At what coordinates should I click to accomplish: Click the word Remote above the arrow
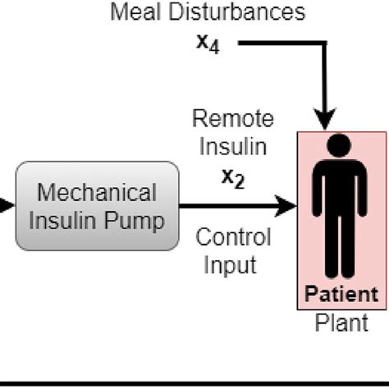pos(232,117)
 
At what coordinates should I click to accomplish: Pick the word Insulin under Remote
pos(232,148)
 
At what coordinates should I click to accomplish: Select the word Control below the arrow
pos(232,238)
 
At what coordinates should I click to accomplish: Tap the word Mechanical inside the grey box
pos(98,193)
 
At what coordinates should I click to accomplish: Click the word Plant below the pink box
pos(342,323)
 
